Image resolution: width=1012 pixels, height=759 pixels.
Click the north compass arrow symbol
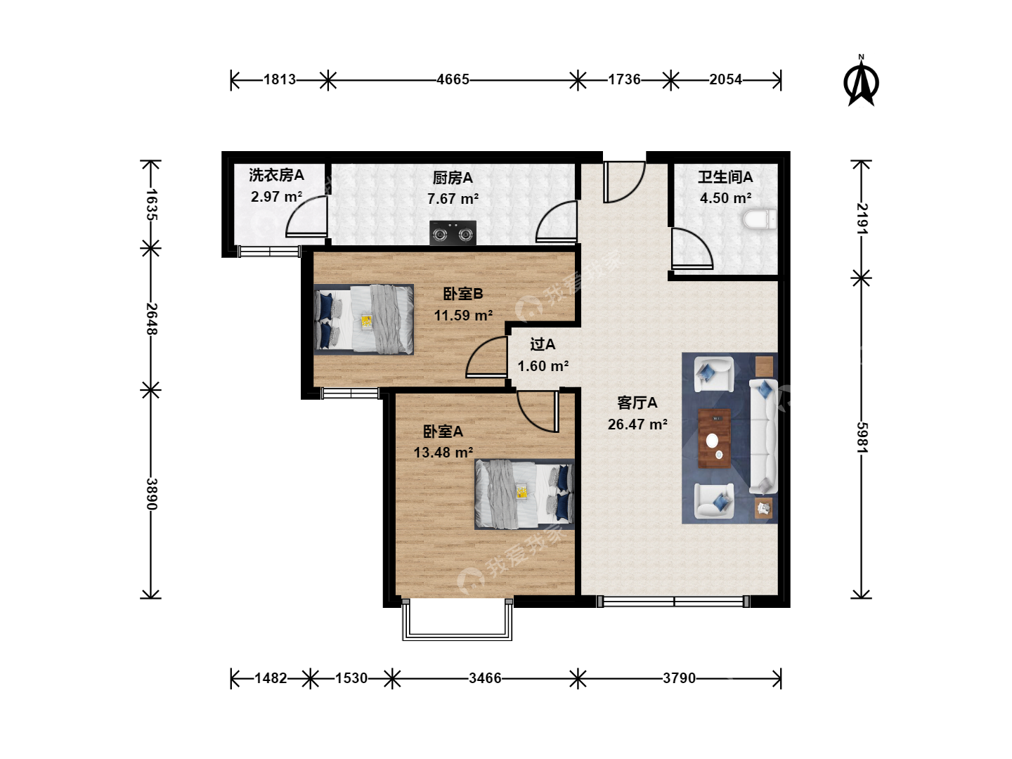click(861, 81)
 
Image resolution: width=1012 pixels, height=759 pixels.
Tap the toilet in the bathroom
click(760, 219)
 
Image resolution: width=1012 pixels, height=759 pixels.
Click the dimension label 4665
click(453, 79)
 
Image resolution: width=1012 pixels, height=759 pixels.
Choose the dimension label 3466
click(485, 678)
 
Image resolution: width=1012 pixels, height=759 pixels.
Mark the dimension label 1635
click(151, 205)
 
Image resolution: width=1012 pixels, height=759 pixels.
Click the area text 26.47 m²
click(637, 424)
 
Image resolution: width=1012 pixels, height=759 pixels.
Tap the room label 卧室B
click(463, 294)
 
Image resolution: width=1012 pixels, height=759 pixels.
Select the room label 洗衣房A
click(276, 175)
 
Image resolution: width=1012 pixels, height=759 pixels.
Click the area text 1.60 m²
click(543, 366)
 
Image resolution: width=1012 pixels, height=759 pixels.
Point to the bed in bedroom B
click(364, 319)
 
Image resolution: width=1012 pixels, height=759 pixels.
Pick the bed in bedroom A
click(525, 494)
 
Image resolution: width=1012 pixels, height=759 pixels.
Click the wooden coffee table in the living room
click(714, 439)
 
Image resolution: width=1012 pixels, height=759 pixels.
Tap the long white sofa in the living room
click(763, 436)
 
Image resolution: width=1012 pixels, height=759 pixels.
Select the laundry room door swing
click(306, 216)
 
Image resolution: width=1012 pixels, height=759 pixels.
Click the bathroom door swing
click(692, 248)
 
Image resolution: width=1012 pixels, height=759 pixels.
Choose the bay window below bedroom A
click(457, 620)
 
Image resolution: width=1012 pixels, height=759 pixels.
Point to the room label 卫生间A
click(725, 177)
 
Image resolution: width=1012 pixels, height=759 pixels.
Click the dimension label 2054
click(726, 79)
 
